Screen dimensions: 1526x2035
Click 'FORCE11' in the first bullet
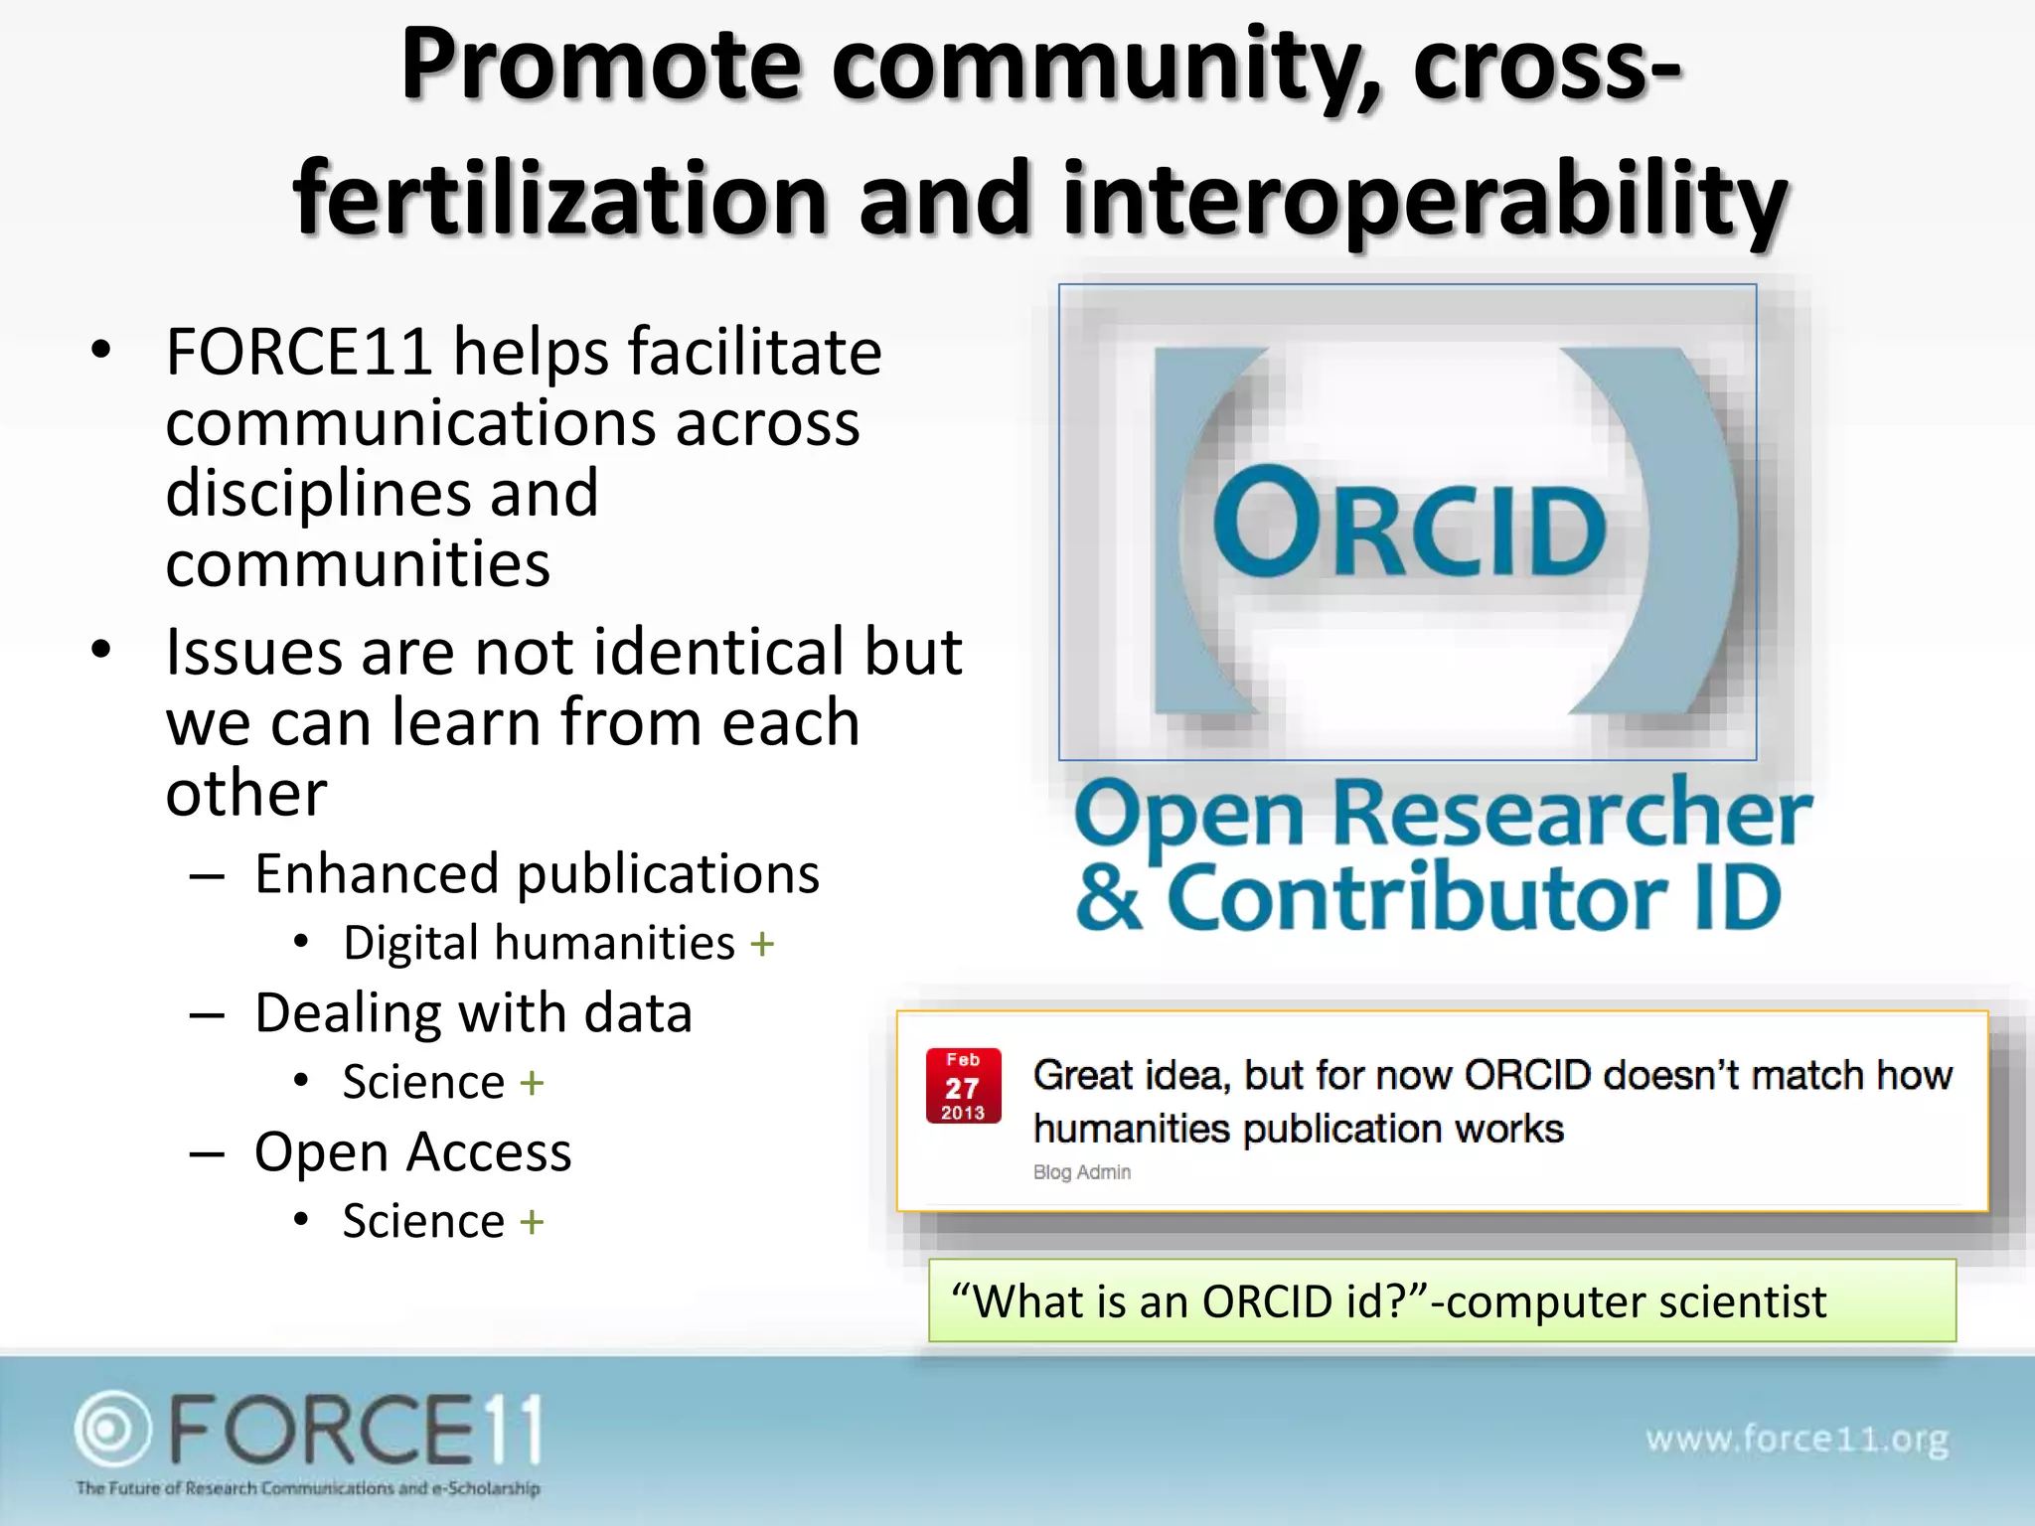(299, 352)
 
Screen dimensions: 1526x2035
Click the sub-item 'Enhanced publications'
(537, 874)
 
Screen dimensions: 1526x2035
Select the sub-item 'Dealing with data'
(473, 1013)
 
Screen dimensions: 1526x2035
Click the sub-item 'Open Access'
(412, 1152)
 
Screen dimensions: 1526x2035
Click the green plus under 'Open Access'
(532, 1222)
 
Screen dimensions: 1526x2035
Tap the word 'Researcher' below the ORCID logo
(1571, 813)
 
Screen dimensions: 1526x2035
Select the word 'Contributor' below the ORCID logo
(1416, 898)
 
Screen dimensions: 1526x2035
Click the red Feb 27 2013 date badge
(963, 1086)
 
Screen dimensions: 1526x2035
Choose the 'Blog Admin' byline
(1082, 1172)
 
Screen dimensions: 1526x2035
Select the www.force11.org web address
(1797, 1439)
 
